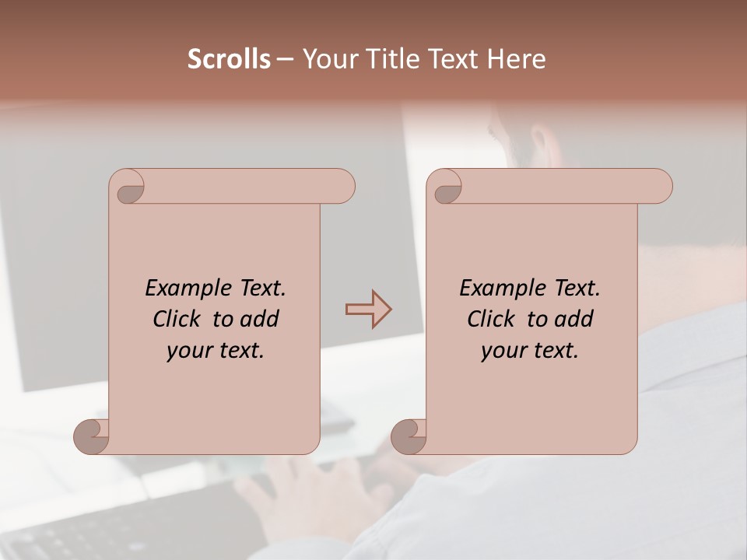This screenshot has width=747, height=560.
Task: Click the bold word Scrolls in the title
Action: [229, 59]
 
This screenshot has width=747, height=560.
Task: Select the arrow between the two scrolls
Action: [368, 310]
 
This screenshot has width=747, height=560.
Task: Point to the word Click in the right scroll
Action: [493, 319]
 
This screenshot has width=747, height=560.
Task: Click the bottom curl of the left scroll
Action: [91, 437]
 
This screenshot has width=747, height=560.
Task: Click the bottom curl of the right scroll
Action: [409, 437]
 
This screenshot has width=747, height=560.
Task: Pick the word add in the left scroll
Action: [261, 319]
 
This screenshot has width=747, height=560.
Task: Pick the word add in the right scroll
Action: [575, 319]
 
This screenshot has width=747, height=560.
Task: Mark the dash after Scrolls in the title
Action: [285, 60]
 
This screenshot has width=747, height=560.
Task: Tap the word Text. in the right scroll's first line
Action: [577, 288]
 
